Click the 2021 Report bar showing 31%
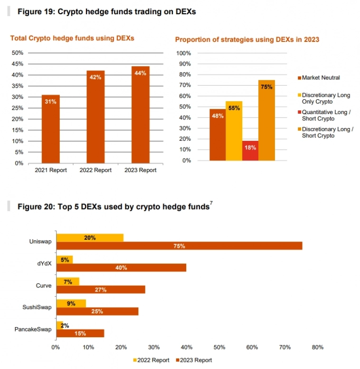coord(51,128)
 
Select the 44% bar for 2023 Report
coord(141,114)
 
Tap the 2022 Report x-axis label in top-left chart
coord(95,170)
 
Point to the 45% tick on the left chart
coord(17,64)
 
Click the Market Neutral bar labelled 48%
coord(218,135)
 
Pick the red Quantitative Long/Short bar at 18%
coord(250,150)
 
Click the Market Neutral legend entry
coord(321,78)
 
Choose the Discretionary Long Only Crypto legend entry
coord(326,98)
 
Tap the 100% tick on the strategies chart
coord(184,53)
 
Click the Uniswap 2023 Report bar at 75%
coord(179,246)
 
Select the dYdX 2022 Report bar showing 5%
coord(65,260)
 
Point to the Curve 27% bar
coord(101,289)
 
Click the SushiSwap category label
coord(37,307)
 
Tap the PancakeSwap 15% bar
coord(80,333)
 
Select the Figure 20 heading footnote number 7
coord(211,204)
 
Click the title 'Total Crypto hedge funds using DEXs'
coord(72,38)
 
